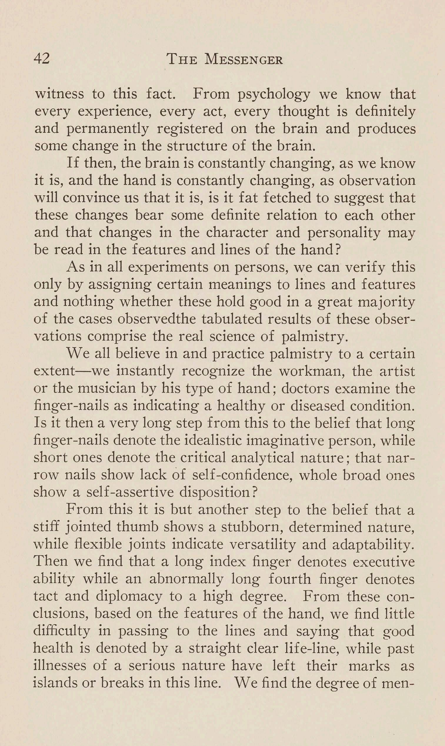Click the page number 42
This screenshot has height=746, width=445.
pos(42,59)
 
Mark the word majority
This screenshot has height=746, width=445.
pos(387,302)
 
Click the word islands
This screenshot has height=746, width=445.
pos(60,683)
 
